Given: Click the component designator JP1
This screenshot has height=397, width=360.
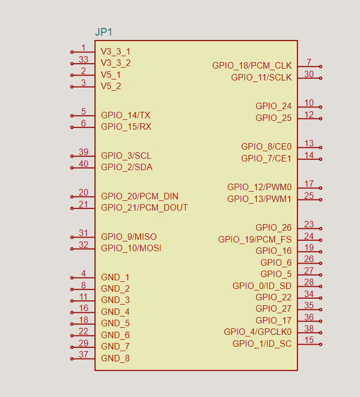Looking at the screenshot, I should [104, 32].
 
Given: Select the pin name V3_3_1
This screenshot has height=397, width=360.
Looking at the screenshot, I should [116, 52].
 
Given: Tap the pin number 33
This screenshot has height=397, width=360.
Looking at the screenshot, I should [83, 59].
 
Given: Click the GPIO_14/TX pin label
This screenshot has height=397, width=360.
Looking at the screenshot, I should [126, 116].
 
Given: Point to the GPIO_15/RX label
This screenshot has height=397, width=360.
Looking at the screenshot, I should [126, 127].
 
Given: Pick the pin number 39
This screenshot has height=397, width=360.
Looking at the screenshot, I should [83, 152].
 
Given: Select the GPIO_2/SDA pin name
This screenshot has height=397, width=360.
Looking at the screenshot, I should [127, 167].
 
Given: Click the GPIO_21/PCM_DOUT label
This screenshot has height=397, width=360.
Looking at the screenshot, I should [145, 208].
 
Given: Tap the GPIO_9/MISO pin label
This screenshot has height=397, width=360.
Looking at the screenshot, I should [129, 237].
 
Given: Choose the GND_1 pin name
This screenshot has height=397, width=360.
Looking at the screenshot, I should [115, 278].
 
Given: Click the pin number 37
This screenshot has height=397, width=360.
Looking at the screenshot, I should [83, 354].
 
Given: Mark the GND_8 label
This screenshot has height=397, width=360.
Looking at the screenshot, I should [115, 358].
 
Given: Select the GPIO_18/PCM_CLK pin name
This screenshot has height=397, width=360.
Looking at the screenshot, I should [252, 66].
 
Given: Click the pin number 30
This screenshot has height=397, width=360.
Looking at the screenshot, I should [309, 75].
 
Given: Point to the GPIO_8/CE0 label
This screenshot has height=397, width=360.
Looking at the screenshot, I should [266, 146].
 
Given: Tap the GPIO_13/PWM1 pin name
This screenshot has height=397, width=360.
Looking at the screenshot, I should [259, 199].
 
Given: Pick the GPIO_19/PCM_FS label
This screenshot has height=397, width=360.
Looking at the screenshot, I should [255, 239].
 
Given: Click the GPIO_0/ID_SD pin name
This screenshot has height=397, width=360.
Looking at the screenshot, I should [262, 286].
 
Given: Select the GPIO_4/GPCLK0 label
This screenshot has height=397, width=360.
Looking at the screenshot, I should [257, 332].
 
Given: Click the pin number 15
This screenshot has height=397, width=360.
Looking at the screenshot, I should [309, 340].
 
